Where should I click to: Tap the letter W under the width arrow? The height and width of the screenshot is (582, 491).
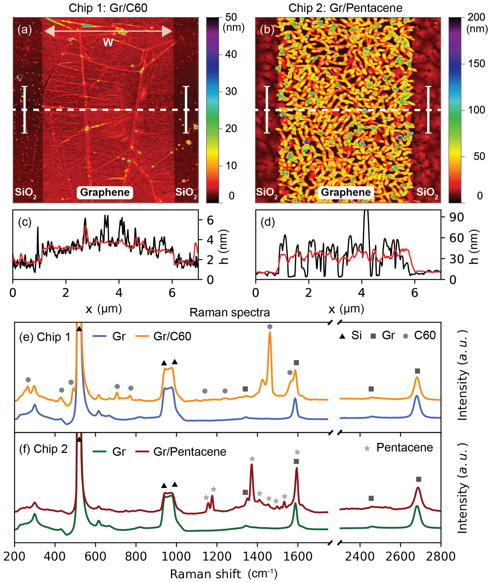coord(108,43)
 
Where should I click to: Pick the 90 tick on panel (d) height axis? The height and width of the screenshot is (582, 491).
coord(456,217)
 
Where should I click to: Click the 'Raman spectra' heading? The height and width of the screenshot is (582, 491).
coord(230,312)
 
